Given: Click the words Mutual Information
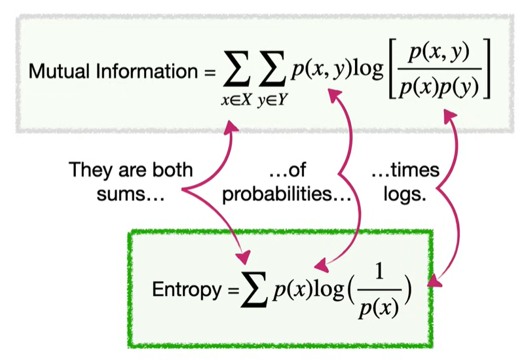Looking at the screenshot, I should point(111,71).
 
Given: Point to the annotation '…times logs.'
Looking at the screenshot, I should point(404,181).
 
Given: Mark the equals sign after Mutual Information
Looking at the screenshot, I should point(210,71).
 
